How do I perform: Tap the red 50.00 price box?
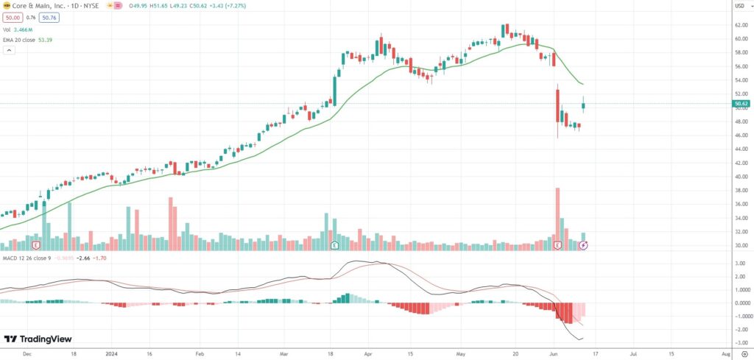13,17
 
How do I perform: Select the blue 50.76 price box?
50,17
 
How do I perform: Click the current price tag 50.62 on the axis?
740,104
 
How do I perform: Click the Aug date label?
726,353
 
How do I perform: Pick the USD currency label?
739,6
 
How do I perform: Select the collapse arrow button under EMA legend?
9,50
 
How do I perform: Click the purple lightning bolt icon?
583,244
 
